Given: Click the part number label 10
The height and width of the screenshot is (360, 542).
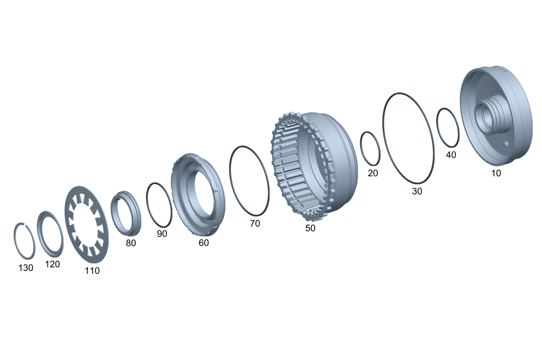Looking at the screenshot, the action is click(x=496, y=173).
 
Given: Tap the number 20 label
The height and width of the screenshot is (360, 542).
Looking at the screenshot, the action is click(x=373, y=173).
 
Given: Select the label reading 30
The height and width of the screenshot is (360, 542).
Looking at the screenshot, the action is click(x=417, y=191).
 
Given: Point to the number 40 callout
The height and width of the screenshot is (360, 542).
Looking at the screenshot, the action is click(x=451, y=155).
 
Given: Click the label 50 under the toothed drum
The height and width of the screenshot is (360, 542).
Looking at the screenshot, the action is click(x=310, y=228).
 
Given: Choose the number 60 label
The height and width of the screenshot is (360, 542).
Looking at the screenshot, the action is click(x=204, y=243).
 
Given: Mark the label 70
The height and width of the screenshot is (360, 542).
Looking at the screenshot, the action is click(x=255, y=224).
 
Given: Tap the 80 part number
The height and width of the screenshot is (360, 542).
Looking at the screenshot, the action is click(x=131, y=243).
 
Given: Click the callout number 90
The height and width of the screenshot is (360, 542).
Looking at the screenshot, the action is click(x=162, y=234).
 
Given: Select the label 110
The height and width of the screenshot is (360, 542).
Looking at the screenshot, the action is click(x=92, y=271).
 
